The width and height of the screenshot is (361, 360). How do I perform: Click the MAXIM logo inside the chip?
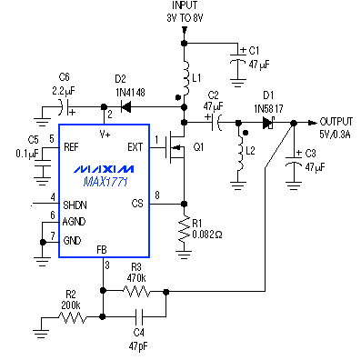click(103, 169)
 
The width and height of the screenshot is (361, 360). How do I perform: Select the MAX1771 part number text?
click(105, 182)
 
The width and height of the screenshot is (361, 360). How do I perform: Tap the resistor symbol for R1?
click(184, 229)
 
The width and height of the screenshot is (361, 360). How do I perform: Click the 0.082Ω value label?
click(207, 235)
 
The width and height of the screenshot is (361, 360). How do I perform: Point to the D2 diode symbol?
click(125, 106)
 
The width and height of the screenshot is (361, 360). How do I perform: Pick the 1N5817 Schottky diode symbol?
click(268, 123)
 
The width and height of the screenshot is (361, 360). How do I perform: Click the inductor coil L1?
click(186, 77)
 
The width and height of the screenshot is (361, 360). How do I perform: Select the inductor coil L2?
click(240, 153)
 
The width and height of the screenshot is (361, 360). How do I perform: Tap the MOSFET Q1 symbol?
click(175, 147)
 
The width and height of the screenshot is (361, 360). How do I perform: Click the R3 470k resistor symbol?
click(136, 292)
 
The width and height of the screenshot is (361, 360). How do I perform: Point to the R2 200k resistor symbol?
click(72, 317)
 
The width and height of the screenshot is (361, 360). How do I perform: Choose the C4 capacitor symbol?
click(139, 316)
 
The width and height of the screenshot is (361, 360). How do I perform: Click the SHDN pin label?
click(75, 205)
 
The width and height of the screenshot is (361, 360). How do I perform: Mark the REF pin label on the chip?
click(71, 147)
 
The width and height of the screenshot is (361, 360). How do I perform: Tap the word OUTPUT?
click(336, 122)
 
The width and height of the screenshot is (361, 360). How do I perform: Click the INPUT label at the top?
click(185, 5)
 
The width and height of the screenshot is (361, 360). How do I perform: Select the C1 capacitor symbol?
click(238, 58)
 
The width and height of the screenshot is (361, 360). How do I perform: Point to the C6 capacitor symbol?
click(65, 107)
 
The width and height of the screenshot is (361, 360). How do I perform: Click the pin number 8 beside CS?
click(157, 195)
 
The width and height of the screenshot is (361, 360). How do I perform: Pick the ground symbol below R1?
click(184, 255)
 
